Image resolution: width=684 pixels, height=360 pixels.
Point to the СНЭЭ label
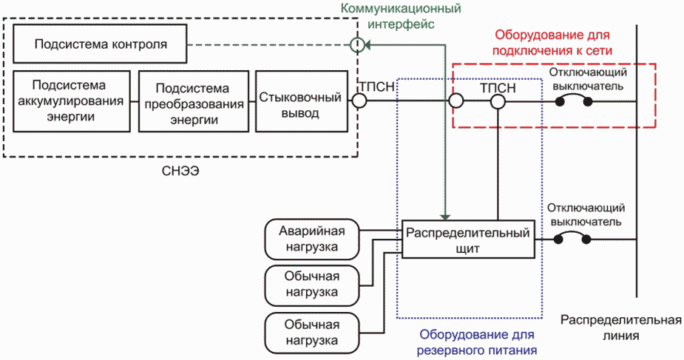pos(180,171)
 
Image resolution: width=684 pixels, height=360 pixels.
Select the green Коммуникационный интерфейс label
pos(401,16)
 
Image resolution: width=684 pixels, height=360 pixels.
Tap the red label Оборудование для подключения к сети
pos(552,42)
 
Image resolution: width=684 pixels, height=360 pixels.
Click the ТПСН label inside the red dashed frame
pos(498,88)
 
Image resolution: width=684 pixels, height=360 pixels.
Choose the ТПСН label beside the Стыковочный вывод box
pos(377,86)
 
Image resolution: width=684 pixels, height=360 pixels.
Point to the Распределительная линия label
pos(620,327)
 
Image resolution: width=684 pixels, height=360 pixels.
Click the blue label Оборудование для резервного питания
pos(477,342)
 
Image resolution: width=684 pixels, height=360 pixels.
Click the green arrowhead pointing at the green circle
pos(368,44)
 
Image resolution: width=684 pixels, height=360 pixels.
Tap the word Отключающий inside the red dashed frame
pos(588,72)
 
